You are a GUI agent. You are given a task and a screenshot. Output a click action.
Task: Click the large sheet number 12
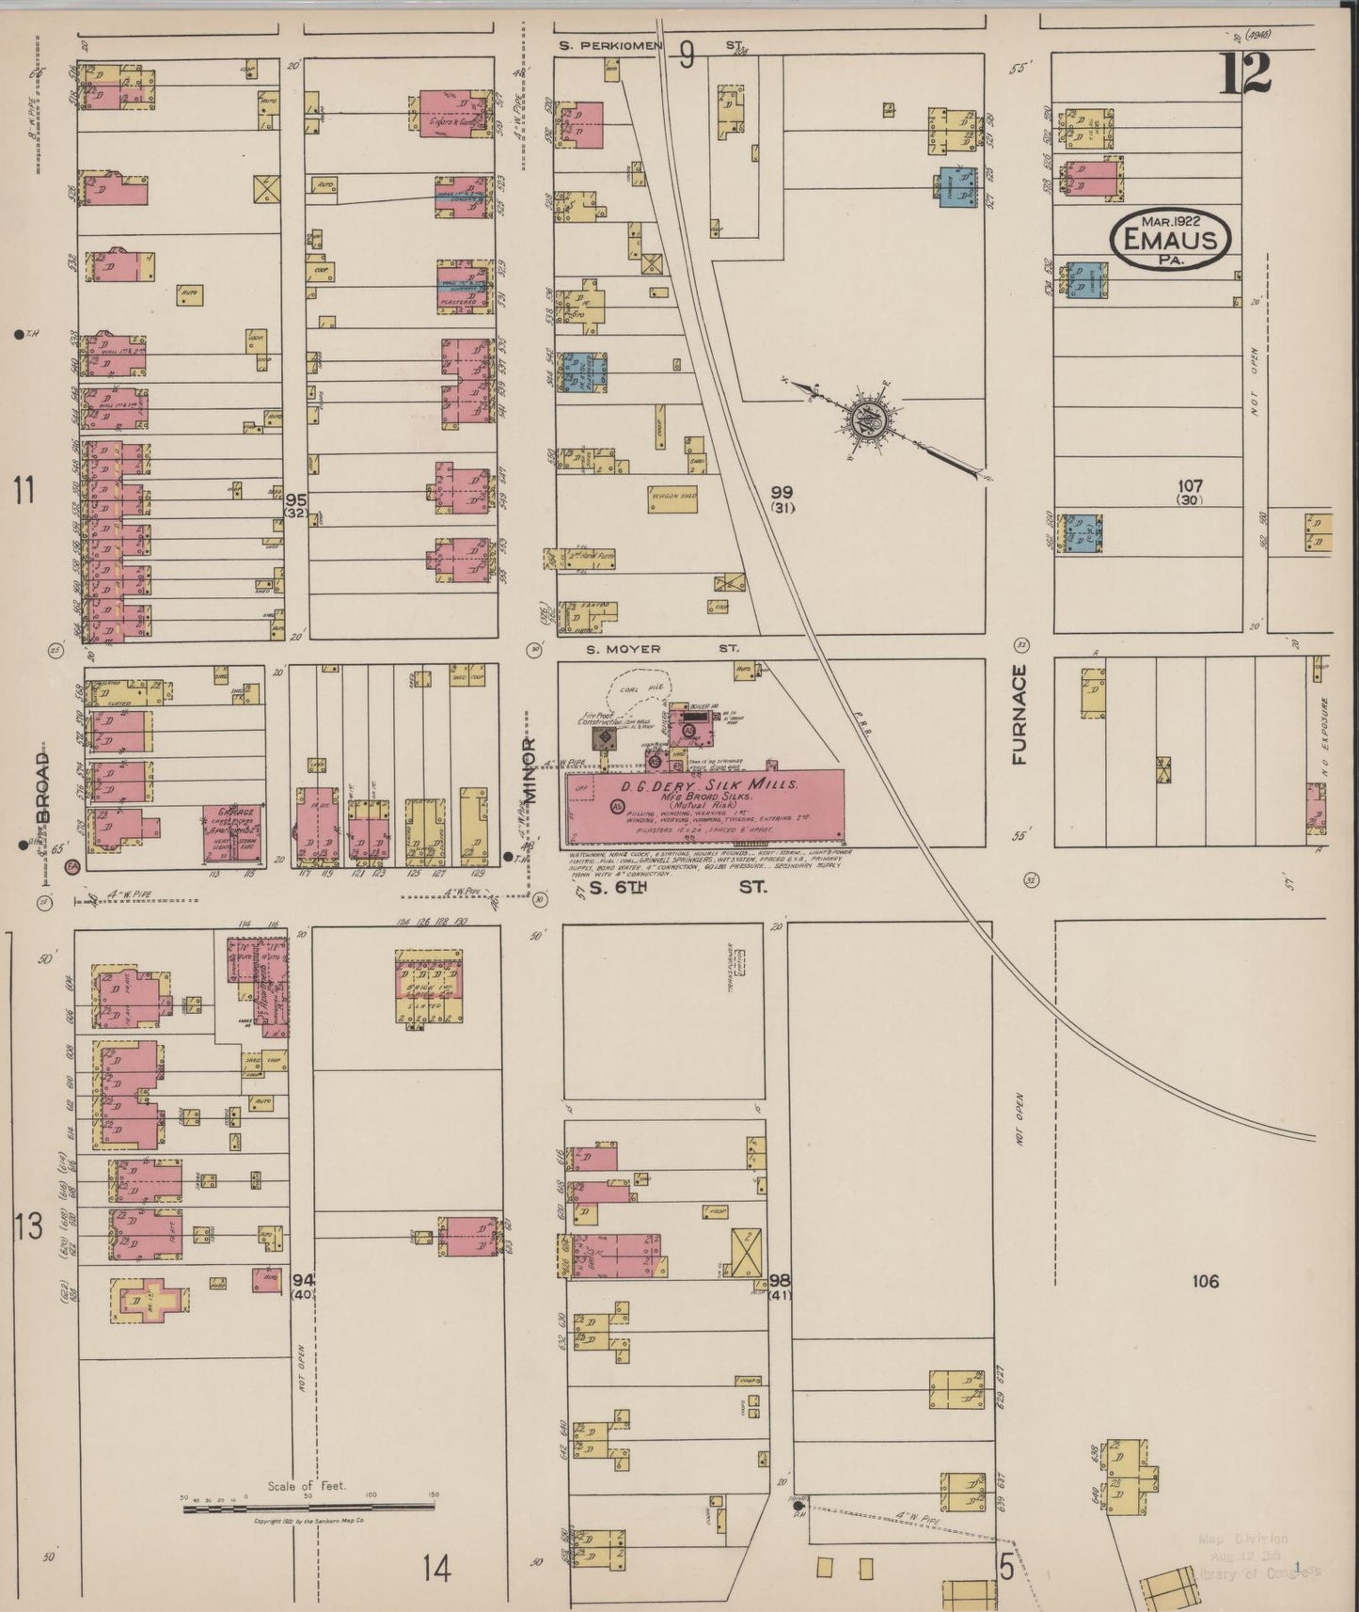[x=1246, y=74]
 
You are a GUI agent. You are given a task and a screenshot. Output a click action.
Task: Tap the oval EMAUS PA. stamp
[x=1171, y=240]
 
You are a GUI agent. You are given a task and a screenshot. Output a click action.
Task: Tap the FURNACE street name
[x=1022, y=714]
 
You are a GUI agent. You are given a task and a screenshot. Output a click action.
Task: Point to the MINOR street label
[x=529, y=771]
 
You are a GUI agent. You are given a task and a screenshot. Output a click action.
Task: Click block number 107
[x=1190, y=486]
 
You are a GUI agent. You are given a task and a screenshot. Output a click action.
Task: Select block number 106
[x=1205, y=1281]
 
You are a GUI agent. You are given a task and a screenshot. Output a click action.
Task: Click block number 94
[x=302, y=1280]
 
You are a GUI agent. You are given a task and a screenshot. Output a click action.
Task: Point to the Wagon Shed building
[x=672, y=498]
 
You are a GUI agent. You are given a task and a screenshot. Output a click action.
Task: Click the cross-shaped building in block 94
[x=150, y=1301]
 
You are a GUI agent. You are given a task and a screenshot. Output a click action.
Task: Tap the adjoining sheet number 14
[x=436, y=1568]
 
